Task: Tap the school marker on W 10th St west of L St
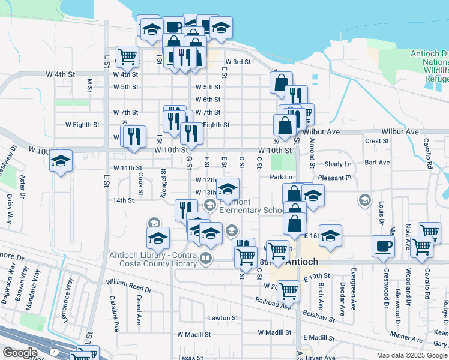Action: pos(61,161)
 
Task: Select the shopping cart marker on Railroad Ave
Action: pos(289,291)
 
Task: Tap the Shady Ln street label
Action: pos(337,164)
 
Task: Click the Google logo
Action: pos(20,353)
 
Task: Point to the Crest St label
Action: pos(377,141)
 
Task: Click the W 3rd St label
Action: pos(238,62)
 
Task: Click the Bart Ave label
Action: pos(377,163)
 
